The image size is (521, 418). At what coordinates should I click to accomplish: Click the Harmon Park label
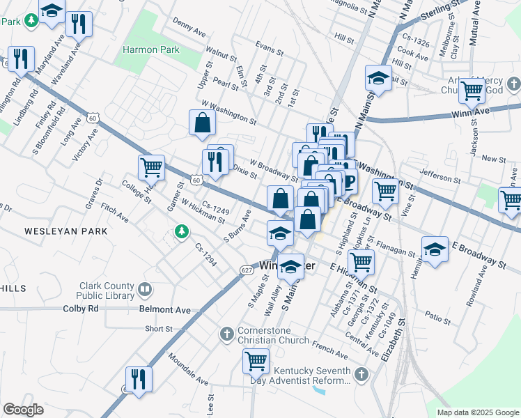pyautogui.click(x=150, y=50)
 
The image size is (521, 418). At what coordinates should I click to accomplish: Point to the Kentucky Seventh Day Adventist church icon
pyautogui.click(x=360, y=376)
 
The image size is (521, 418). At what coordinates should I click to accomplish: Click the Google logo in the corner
pyautogui.click(x=23, y=410)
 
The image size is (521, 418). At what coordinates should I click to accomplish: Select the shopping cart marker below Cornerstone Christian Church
pyautogui.click(x=256, y=361)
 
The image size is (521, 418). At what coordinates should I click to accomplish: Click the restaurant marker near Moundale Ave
pyautogui.click(x=139, y=379)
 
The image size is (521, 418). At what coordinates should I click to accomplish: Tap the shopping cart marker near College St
pyautogui.click(x=151, y=167)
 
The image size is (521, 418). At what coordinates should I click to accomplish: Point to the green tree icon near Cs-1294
pyautogui.click(x=182, y=231)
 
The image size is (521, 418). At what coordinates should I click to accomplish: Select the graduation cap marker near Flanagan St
pyautogui.click(x=435, y=249)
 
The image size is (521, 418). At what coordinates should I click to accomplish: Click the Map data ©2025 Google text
pyautogui.click(x=478, y=412)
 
